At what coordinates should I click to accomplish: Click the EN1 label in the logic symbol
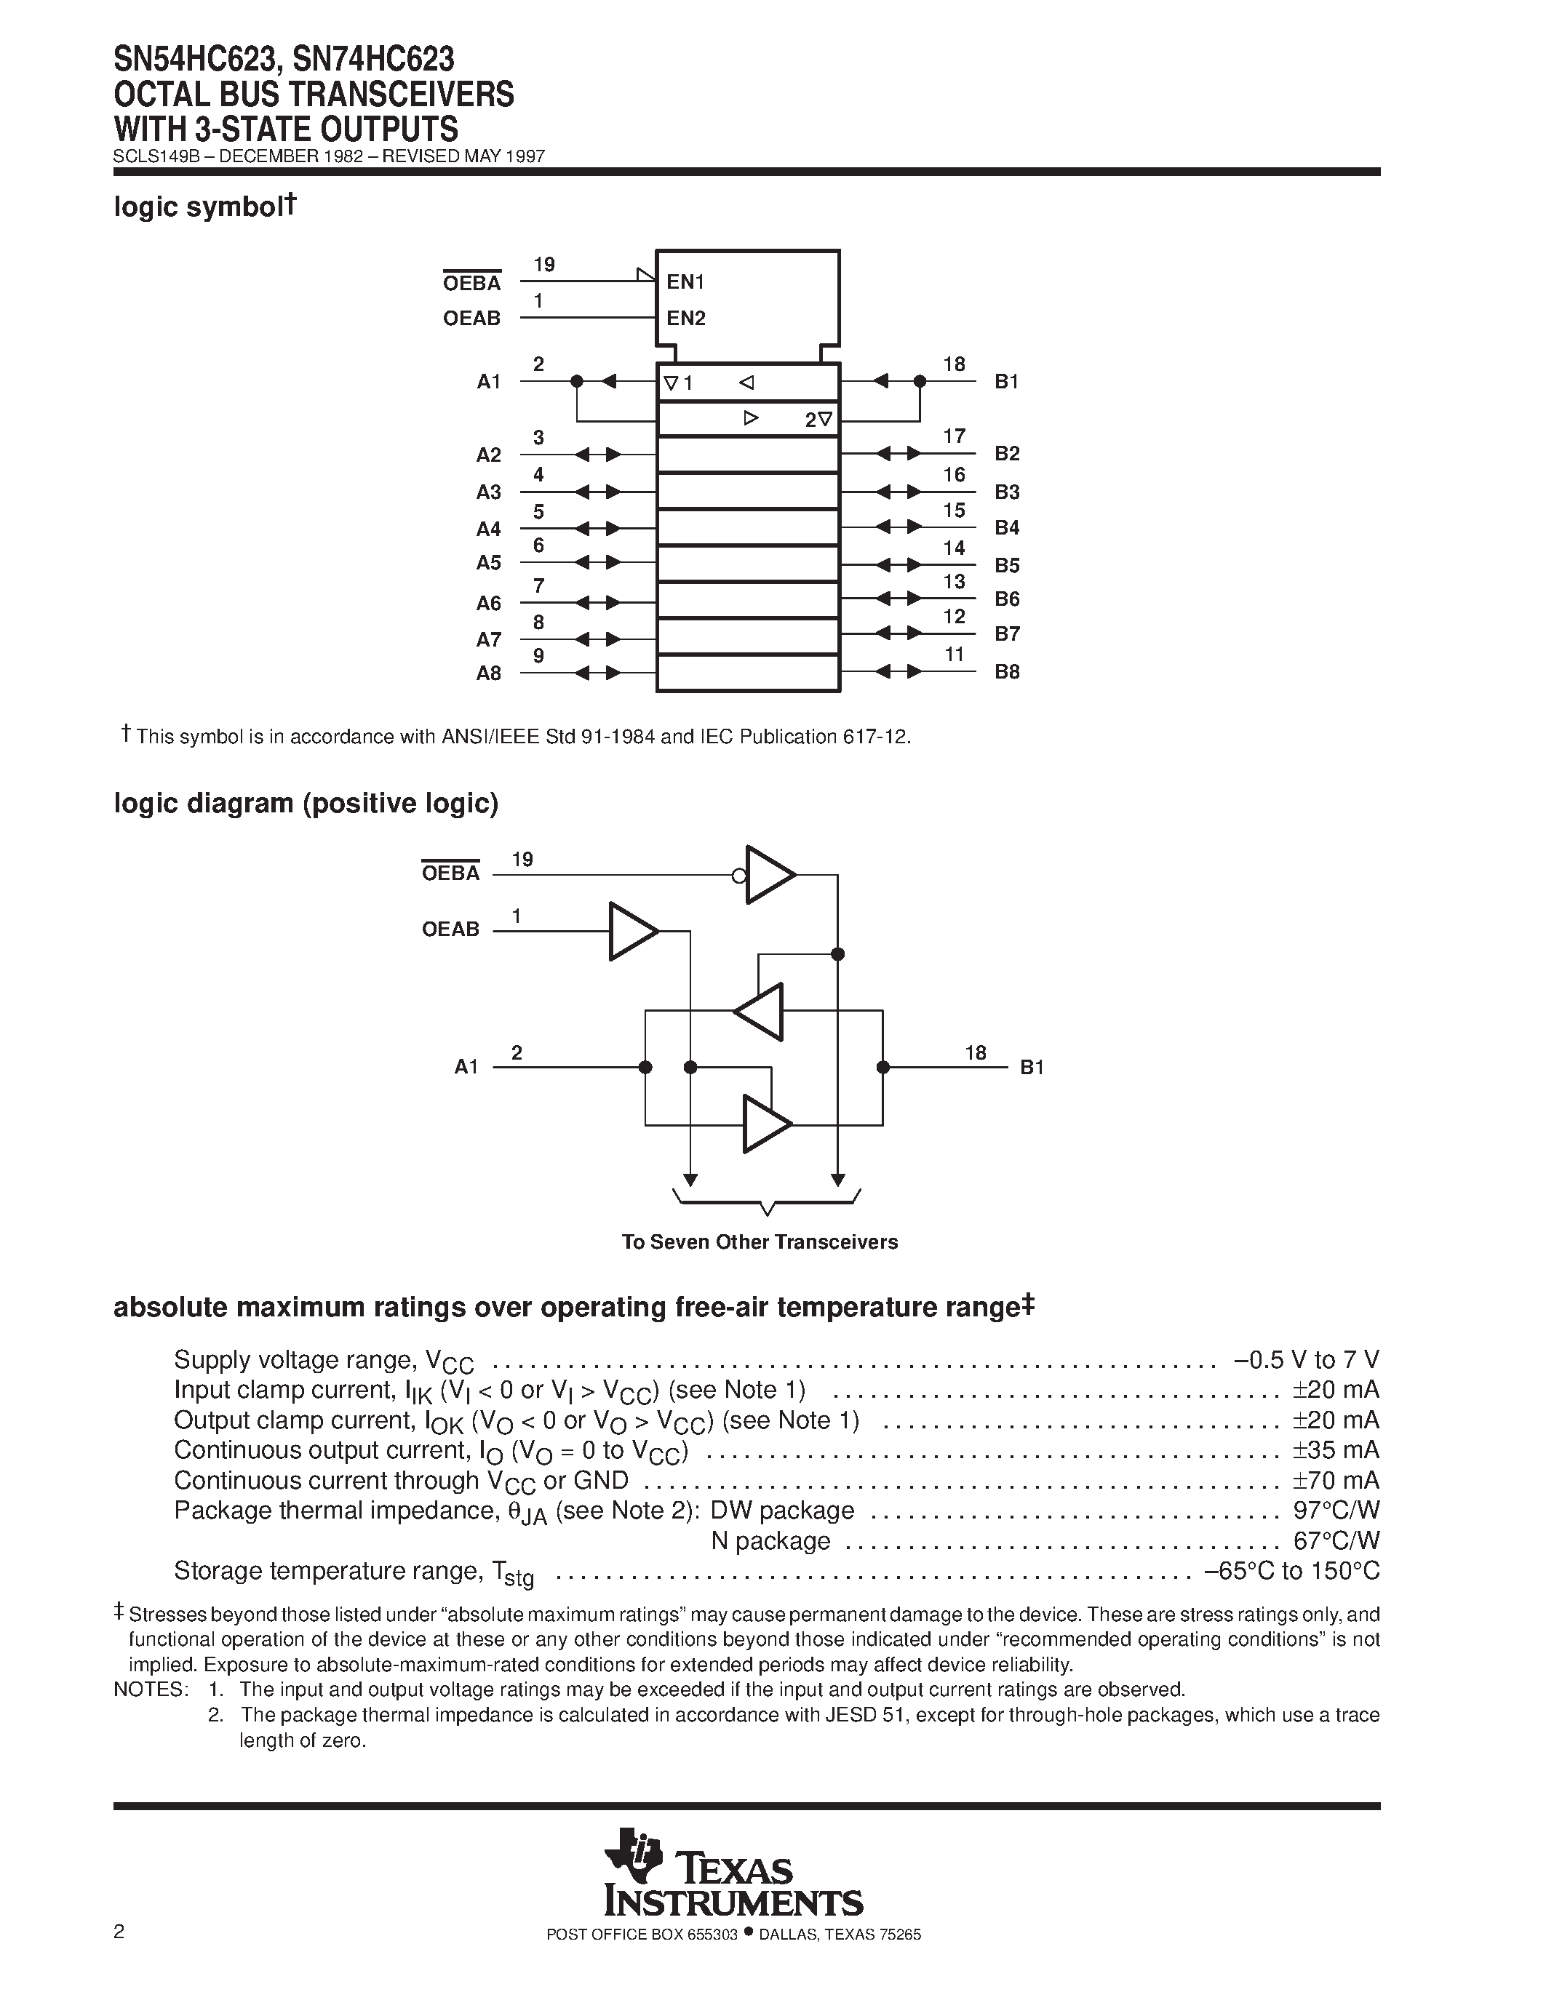pos(685,282)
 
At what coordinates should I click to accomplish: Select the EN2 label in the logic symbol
pos(686,319)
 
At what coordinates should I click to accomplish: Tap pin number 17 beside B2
pos(955,436)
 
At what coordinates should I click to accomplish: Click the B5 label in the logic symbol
pos(1007,565)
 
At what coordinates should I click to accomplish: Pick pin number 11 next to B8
pos(955,655)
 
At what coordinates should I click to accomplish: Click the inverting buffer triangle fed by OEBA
pos(769,874)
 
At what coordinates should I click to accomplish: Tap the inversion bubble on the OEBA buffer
pos(739,876)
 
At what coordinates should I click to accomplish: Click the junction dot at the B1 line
pos(883,1067)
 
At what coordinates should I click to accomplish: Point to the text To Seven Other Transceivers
pos(760,1241)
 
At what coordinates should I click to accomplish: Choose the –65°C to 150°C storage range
pos(1291,1570)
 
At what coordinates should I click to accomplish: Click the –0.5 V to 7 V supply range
pos(1306,1360)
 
